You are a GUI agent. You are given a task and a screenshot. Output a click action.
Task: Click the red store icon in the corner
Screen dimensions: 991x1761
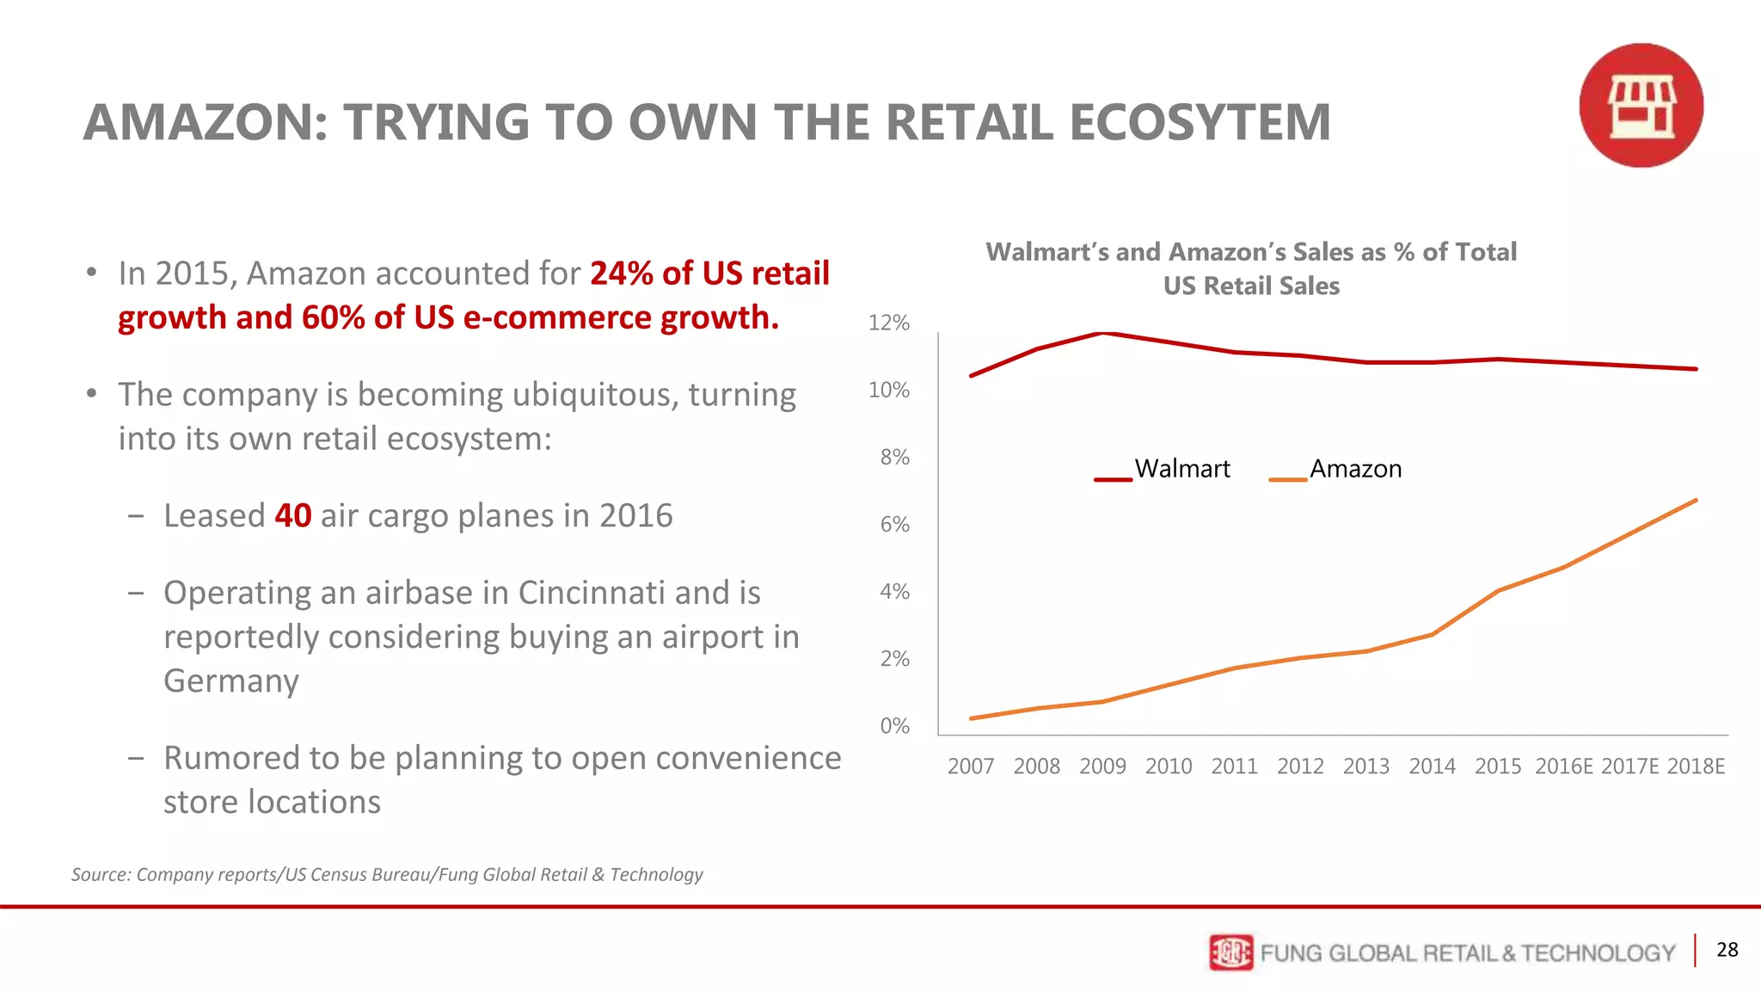[x=1641, y=105]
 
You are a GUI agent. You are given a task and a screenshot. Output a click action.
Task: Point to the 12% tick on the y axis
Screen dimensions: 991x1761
[x=888, y=323]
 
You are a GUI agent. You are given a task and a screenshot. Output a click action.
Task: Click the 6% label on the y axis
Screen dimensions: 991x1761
[x=894, y=525]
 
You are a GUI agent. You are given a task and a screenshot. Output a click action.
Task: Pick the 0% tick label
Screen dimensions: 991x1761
[x=894, y=726]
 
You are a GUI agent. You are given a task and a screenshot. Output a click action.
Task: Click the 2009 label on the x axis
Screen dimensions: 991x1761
[x=1102, y=766]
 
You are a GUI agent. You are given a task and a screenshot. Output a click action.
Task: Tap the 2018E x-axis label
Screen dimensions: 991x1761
[x=1696, y=766]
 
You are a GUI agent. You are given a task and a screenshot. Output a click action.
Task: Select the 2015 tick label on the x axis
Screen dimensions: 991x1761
[x=1498, y=766]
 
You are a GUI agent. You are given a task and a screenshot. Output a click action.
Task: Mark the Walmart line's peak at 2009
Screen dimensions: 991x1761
[x=1103, y=333]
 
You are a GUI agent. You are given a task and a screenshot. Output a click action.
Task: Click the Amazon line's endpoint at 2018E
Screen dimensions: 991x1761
[x=1696, y=501]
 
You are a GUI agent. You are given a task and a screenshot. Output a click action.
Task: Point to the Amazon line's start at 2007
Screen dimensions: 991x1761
[x=972, y=718]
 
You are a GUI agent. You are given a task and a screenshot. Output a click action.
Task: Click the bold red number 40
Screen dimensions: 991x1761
[x=292, y=516]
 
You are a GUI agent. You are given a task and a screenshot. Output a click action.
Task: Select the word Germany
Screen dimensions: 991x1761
[x=231, y=680]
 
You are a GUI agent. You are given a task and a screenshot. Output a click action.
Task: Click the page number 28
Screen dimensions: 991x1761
[x=1727, y=950]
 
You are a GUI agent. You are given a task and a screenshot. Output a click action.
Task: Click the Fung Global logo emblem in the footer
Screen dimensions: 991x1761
[x=1230, y=952]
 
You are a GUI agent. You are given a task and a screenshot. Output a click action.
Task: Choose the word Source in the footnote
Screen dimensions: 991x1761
[x=100, y=874]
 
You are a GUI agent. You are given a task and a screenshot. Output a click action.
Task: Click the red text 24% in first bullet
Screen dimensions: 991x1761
[x=622, y=274]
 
